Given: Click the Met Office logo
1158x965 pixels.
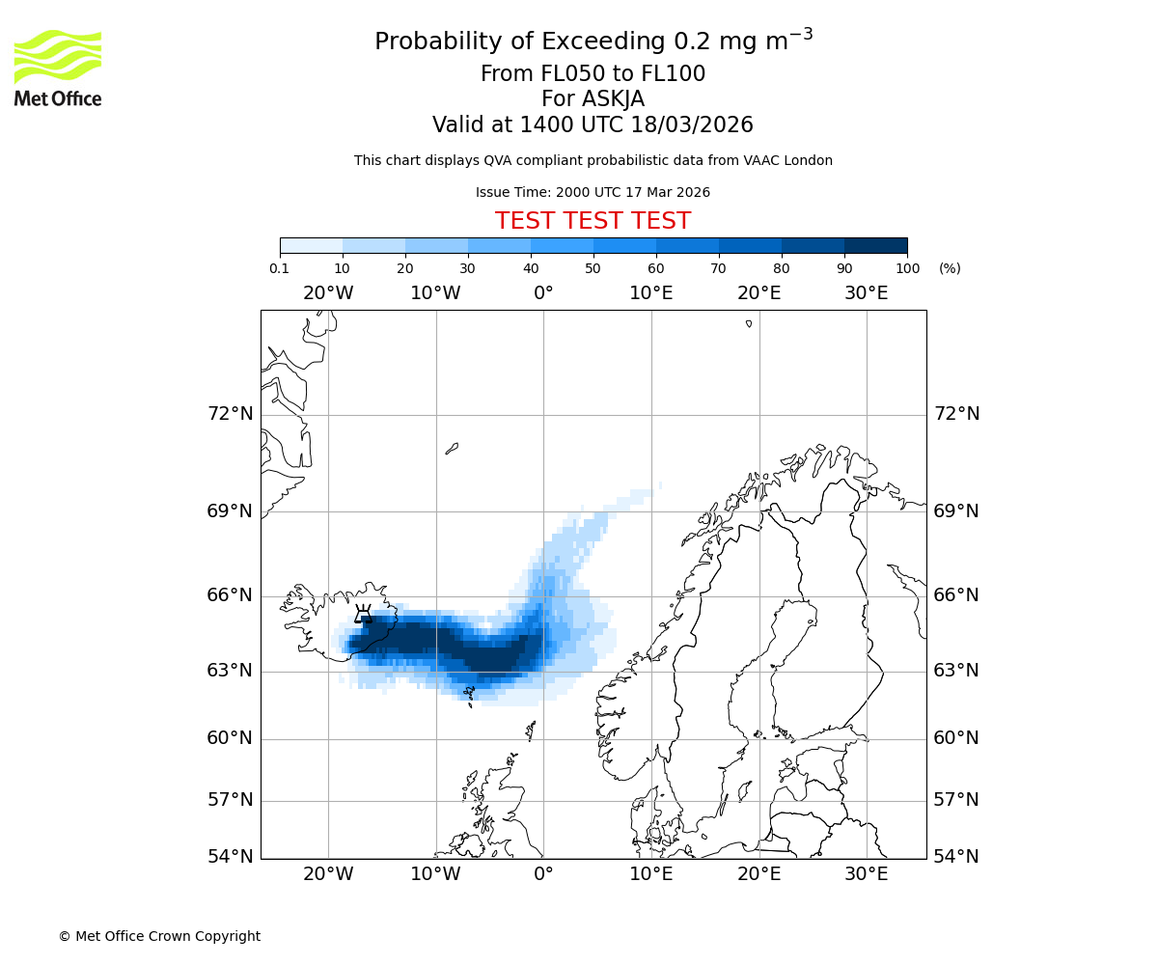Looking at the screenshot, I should [58, 68].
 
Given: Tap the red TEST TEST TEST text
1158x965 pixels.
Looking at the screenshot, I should [593, 221].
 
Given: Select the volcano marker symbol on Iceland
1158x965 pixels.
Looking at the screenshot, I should [363, 615].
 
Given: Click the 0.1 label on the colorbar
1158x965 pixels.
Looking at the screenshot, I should [280, 268].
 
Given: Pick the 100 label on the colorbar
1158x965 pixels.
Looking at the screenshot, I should [907, 268].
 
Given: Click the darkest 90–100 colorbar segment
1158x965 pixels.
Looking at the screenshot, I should [875, 245].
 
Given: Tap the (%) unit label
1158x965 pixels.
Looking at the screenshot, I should [950, 268].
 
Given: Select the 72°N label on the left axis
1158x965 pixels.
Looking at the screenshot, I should [230, 414].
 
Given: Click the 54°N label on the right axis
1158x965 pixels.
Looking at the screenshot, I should [956, 857].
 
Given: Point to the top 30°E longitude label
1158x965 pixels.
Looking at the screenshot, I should [866, 293].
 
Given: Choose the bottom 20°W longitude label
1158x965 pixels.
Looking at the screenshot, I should [328, 874].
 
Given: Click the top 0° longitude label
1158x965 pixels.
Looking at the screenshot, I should [543, 293].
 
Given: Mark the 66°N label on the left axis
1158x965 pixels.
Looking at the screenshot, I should [230, 595].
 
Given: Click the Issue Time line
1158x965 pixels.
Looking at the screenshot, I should [593, 193].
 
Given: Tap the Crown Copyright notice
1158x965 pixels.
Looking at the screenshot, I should [159, 936].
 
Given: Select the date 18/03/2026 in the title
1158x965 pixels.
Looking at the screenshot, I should [692, 125].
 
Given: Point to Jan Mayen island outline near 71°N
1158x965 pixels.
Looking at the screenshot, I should [452, 448].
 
